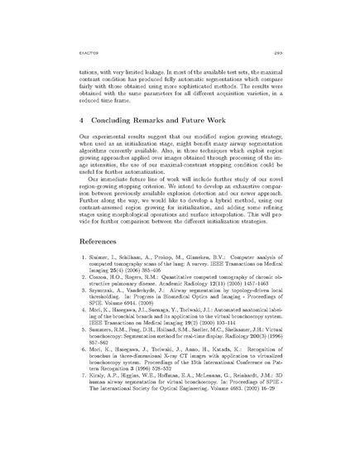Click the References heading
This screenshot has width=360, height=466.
(88, 269)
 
